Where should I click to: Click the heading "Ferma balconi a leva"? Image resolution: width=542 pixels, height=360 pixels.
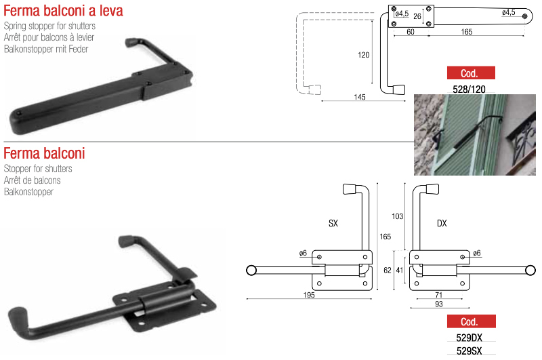pos(63,11)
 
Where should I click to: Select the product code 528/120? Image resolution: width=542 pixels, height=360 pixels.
pos(469,89)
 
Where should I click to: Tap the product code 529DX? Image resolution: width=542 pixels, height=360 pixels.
pos(469,338)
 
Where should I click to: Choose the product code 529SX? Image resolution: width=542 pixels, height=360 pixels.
pos(469,351)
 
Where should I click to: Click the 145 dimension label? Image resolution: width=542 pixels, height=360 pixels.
pos(360,97)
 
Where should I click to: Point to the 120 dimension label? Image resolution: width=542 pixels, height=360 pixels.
pos(363,55)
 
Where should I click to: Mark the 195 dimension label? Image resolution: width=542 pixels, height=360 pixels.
pos(309,295)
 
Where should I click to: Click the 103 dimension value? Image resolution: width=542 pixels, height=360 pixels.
pos(397,216)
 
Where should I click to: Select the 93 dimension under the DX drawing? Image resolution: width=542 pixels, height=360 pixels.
pos(438,304)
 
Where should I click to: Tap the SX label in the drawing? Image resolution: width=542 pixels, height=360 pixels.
pos(333,224)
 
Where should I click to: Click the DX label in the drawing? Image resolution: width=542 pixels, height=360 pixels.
pos(442,224)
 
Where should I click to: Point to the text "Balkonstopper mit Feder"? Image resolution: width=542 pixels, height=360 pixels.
pos(46,49)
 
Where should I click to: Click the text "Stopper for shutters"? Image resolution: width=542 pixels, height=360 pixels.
pos(38,169)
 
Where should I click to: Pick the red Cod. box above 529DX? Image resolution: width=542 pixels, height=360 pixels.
pos(472,321)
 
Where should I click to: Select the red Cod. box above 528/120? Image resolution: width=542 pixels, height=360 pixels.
pos(471,73)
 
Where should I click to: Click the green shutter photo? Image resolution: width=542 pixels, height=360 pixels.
pos(475,135)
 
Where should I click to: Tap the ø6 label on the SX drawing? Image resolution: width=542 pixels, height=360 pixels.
pos(303,253)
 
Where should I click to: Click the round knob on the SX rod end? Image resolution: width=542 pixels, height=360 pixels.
pos(251,270)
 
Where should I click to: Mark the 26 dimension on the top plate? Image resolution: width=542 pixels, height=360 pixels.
pos(417,16)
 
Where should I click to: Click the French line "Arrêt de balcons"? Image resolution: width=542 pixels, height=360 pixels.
pos(32,180)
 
